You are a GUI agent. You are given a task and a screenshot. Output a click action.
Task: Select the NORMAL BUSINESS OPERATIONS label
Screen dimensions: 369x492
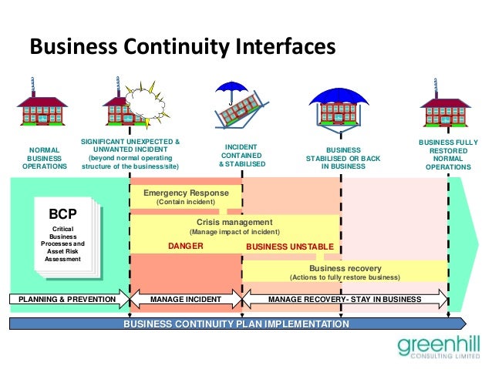click(x=45, y=158)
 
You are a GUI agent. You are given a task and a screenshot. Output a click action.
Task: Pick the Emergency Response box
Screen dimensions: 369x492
click(x=186, y=197)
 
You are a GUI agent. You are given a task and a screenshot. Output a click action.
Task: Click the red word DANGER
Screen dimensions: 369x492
click(x=185, y=247)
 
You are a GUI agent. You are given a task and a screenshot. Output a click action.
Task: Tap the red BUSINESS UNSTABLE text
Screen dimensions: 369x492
click(x=289, y=247)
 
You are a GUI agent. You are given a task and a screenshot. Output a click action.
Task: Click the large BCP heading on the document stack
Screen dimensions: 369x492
click(x=62, y=213)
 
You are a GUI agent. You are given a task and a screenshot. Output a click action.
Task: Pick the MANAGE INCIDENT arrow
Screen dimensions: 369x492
click(x=185, y=298)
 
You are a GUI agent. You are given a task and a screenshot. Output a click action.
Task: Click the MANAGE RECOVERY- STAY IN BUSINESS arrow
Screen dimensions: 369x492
click(x=345, y=298)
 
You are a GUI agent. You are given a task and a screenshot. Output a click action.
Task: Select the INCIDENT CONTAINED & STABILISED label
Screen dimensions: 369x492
click(x=241, y=155)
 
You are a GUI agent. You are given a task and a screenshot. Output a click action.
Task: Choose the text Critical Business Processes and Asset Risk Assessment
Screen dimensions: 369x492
click(x=62, y=244)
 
